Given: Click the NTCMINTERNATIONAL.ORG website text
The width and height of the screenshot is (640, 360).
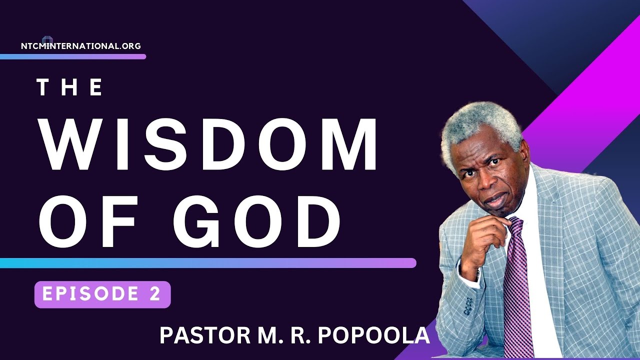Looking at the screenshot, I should coord(81,46).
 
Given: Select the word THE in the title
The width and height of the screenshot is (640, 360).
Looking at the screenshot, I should coord(70,88).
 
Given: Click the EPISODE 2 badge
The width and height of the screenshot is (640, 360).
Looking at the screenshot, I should coord(102,294).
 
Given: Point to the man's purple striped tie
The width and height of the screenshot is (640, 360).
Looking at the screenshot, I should coord(517,290).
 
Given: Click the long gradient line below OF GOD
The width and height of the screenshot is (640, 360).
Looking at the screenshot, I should coord(207,263).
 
